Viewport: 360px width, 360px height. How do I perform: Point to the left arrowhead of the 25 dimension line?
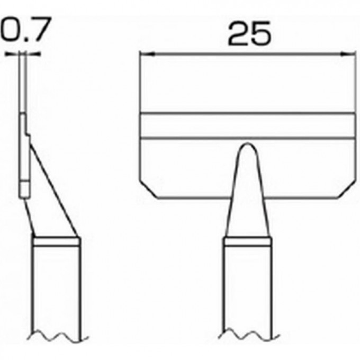143,53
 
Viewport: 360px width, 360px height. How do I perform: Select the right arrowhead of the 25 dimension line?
349,53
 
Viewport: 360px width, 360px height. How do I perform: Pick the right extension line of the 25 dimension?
354,79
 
